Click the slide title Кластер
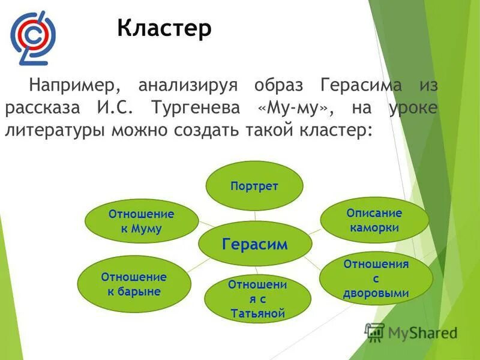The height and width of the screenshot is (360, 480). coord(164,28)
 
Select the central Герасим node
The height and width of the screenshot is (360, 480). coord(255,244)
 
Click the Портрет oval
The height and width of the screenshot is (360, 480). coord(254,186)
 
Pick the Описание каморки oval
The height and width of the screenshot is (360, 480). coord(374,220)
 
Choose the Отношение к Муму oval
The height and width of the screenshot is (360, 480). coord(142,221)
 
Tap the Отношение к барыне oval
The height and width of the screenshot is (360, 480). coord(133,284)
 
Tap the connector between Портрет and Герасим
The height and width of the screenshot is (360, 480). coord(255,212)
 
